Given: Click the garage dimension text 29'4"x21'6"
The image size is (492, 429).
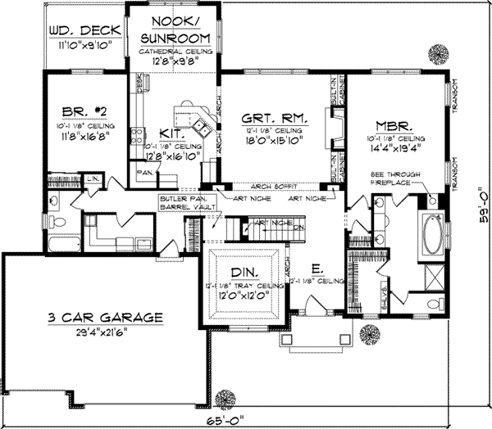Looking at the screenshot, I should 104,332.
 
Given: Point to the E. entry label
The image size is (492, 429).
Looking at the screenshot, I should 316,267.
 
